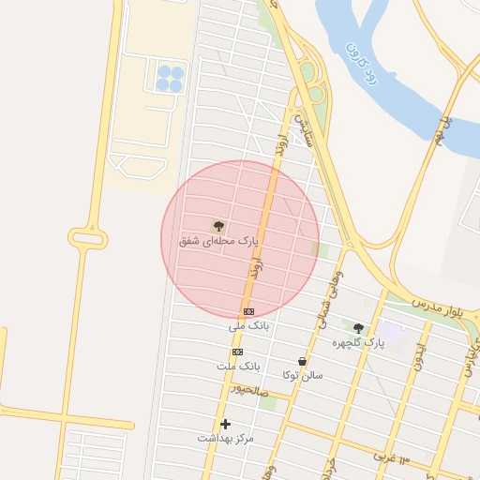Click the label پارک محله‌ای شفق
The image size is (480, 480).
coord(217,241)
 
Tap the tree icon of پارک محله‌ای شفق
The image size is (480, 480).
coord(218,226)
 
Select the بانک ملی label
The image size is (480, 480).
coord(248,326)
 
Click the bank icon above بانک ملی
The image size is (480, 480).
coord(248,311)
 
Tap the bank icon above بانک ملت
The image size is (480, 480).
coord(237,352)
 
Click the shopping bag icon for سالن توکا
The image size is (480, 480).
coord(302,361)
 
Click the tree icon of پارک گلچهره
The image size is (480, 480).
coord(358,328)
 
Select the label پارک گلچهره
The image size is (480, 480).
coord(358,343)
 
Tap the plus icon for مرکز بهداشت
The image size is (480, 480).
coord(225,424)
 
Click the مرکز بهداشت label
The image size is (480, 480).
coord(226,438)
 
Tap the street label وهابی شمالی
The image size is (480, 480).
coord(330,291)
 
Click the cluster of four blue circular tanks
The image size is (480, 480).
coord(170,78)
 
